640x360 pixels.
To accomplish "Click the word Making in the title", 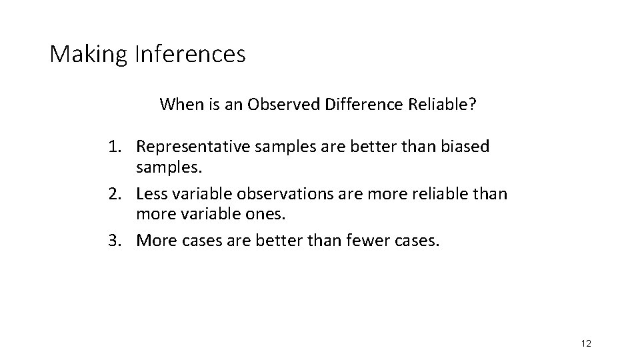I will click(88, 54).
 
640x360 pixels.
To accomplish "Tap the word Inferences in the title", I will click(189, 54).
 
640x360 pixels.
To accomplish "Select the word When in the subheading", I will click(178, 105).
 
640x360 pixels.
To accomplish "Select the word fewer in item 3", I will click(364, 241).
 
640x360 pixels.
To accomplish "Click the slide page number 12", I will click(586, 344).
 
